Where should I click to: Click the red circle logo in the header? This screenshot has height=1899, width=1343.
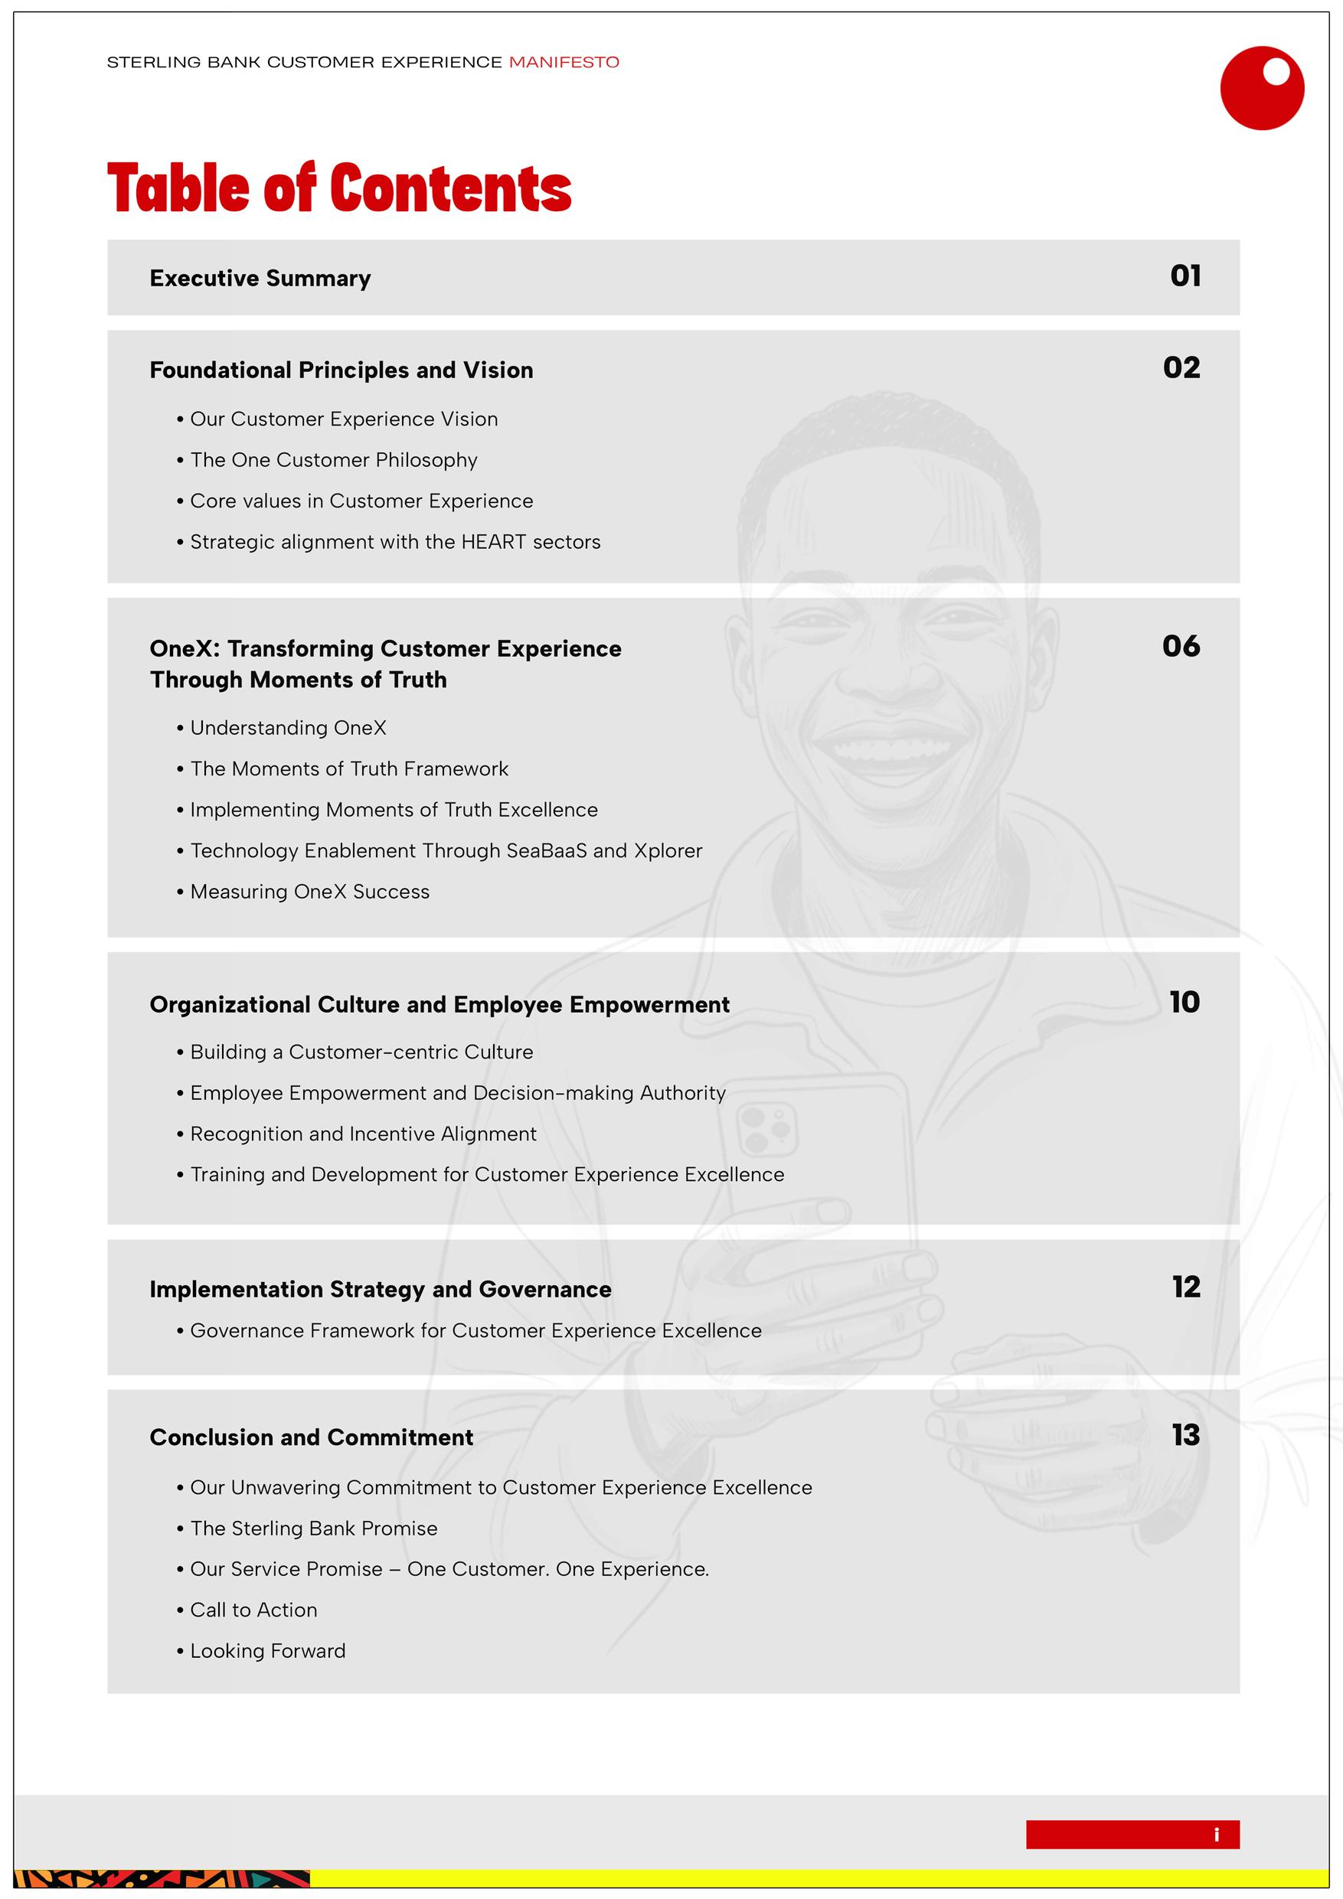tap(1261, 88)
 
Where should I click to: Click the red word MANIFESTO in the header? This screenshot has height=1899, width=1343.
tap(564, 62)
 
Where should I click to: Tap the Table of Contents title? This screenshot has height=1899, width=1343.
tap(339, 188)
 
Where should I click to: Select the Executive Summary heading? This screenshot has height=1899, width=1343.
tap(260, 279)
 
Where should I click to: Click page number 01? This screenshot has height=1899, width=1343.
tap(1185, 276)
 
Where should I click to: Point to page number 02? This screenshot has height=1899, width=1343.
tap(1181, 368)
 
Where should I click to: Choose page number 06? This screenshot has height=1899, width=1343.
tap(1181, 646)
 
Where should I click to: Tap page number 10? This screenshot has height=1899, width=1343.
tap(1185, 1003)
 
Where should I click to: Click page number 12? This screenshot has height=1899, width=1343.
tap(1185, 1287)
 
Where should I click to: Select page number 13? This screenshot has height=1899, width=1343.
tap(1185, 1435)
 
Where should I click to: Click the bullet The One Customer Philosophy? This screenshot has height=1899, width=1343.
tap(334, 460)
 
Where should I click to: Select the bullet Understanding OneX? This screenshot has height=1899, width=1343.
tap(288, 728)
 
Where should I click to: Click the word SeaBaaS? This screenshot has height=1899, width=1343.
tap(546, 851)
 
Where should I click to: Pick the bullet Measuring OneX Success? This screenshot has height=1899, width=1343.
tap(309, 892)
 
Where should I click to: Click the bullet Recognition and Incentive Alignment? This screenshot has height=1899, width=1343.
tap(363, 1134)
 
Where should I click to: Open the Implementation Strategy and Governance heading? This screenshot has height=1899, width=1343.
tap(381, 1290)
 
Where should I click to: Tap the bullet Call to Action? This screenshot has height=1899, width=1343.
tap(253, 1610)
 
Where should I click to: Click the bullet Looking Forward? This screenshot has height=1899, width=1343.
tap(267, 1651)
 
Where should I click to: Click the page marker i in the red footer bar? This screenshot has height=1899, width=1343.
tap(1216, 1835)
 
